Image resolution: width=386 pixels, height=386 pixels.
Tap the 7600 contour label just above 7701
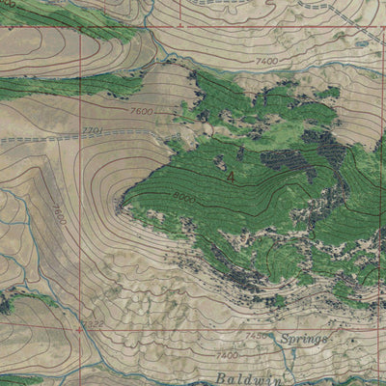(x=141, y=111)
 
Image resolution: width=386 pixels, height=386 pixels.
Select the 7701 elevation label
(x=93, y=130)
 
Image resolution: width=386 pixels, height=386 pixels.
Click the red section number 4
(x=231, y=178)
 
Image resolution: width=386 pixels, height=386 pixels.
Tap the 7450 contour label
(x=255, y=336)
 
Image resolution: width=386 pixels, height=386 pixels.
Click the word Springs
(x=305, y=340)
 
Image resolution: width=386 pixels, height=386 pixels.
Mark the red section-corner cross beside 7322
(x=73, y=329)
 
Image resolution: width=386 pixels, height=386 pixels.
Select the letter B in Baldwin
(x=219, y=378)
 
